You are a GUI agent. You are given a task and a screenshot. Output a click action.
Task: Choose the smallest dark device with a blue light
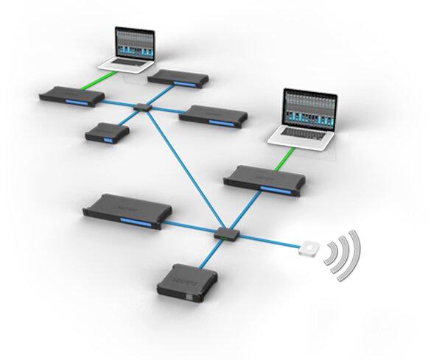pos(106,133)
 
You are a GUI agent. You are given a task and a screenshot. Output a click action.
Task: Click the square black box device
pos(183,282)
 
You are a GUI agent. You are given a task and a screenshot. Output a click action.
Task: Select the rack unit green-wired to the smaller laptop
pos(67,94)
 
